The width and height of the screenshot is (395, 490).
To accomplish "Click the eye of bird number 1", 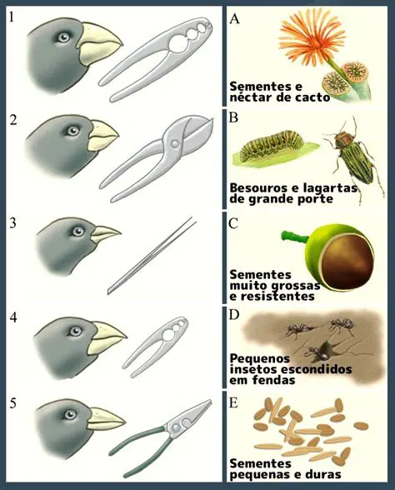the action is pyautogui.click(x=63, y=37).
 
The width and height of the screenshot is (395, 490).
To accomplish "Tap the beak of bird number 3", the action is pyautogui.click(x=106, y=233).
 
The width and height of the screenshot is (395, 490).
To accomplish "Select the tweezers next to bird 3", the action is pyautogui.click(x=152, y=256).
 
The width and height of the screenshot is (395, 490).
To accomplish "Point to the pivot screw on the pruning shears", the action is pyautogui.click(x=175, y=143).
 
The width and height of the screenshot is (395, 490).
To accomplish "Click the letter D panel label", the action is pyautogui.click(x=233, y=315).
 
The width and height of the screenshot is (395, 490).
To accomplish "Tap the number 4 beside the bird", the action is pyautogui.click(x=13, y=317).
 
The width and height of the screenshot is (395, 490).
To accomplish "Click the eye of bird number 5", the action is pyautogui.click(x=69, y=414).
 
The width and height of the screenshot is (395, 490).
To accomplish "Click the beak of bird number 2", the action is pyautogui.click(x=103, y=136).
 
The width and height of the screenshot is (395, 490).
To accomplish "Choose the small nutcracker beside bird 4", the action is pyautogui.click(x=155, y=346).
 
